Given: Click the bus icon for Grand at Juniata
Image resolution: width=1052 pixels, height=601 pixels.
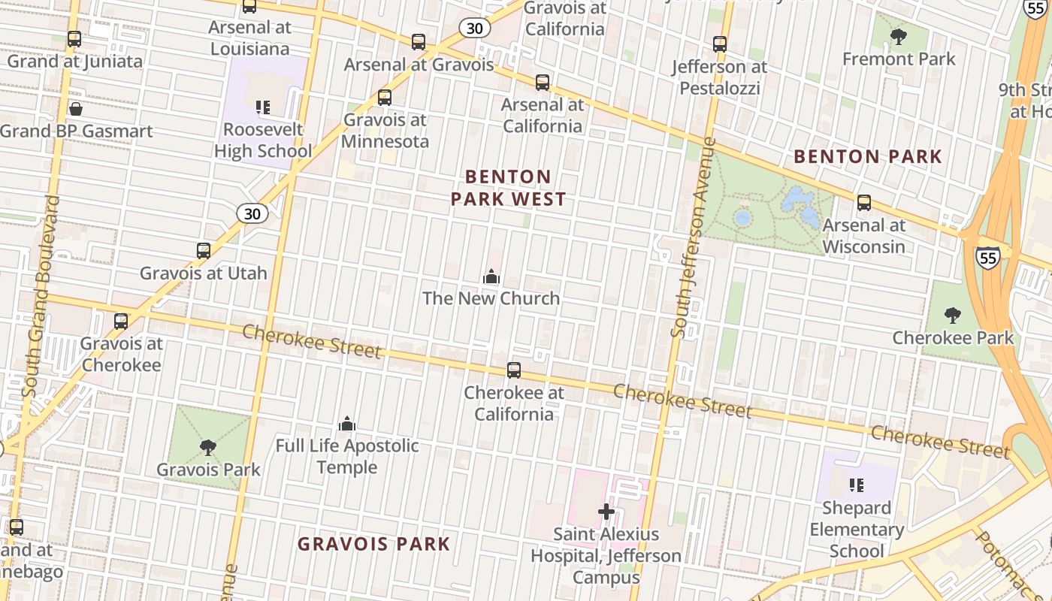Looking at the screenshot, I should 74,39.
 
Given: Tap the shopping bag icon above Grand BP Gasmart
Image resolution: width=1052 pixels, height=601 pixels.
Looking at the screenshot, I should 75,109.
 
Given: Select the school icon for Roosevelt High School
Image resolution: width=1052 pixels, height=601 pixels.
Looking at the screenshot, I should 262,107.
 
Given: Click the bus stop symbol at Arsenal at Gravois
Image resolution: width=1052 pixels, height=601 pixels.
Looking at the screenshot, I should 419,42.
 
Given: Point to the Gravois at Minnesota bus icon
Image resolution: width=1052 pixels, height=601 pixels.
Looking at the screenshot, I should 385,97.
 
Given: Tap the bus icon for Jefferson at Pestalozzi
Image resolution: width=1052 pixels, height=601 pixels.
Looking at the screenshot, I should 720,44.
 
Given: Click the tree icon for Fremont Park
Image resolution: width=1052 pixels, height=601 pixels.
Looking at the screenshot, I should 898,37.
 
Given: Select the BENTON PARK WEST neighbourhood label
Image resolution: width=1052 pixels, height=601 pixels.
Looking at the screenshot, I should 508,188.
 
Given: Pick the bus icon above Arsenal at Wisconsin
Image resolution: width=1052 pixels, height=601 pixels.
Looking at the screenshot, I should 864,203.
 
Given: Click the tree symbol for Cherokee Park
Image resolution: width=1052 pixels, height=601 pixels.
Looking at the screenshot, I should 952,316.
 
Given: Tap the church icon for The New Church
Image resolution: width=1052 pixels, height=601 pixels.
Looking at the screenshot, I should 491,276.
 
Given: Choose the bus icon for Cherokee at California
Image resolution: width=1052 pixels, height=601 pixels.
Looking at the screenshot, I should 514,370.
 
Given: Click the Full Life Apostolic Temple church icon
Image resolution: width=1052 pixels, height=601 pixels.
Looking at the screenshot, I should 346,424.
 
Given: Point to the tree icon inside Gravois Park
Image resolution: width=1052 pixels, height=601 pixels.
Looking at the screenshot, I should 208,448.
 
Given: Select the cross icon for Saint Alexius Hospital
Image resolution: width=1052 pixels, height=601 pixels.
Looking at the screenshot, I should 606,512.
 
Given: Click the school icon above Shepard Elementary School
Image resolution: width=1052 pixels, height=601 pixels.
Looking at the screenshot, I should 856,485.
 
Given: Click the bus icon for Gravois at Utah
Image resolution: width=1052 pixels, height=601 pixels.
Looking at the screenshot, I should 204,251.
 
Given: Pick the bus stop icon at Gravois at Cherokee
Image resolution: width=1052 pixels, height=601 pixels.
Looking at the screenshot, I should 121,322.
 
